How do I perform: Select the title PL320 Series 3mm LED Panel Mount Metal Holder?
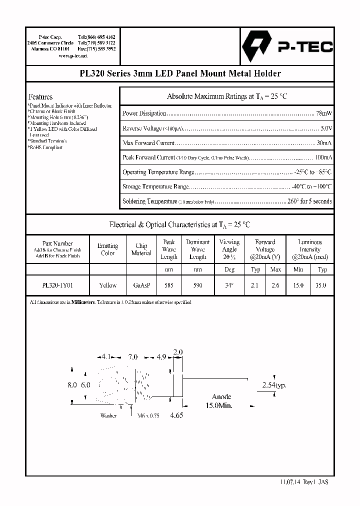tap(180, 73)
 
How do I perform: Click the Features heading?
tap(40, 96)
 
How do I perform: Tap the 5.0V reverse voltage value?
tap(326, 128)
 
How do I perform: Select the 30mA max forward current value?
tap(324, 143)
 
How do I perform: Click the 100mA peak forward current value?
tap(322, 157)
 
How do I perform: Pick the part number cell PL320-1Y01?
tap(58, 285)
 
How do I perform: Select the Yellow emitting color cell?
tap(107, 285)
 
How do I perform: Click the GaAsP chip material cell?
tap(141, 285)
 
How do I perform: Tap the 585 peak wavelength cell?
tap(168, 285)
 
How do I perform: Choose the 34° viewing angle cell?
tap(229, 285)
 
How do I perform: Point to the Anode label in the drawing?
tap(221, 397)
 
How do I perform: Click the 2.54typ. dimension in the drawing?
tap(274, 385)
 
